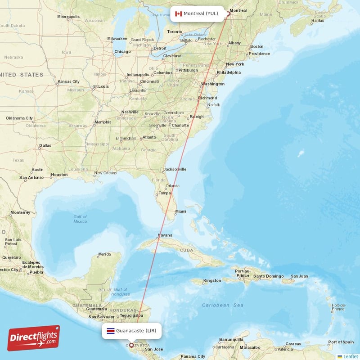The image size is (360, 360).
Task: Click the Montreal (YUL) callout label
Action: click(x=196, y=13)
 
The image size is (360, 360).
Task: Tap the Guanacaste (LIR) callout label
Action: click(x=131, y=331)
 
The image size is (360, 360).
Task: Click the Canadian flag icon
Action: click(x=178, y=13)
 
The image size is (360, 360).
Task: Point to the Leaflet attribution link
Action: click(x=350, y=356)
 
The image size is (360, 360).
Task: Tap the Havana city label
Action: click(x=165, y=235)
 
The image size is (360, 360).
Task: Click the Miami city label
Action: click(x=181, y=211)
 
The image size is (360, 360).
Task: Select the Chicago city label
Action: click(x=122, y=52)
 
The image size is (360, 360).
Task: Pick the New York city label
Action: click(x=235, y=64)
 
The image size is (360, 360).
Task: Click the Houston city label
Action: click(x=59, y=175)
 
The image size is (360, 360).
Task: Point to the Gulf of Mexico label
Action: click(x=80, y=219)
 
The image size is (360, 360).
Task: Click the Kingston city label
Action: click(x=212, y=280)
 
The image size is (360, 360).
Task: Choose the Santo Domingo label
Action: click(x=269, y=276)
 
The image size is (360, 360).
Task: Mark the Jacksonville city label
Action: click(x=175, y=169)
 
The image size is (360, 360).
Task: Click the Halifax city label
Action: click(x=317, y=21)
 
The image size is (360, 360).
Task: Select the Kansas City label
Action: click(x=68, y=81)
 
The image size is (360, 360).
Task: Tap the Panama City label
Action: click(x=193, y=356)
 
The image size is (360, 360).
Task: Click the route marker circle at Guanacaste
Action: click(x=131, y=346)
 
